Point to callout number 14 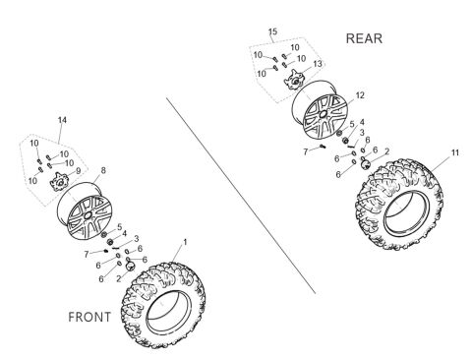pos(62,121)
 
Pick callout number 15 pos(272,32)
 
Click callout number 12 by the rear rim pos(360,95)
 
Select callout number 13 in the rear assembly pos(317,64)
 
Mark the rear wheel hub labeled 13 pos(295,78)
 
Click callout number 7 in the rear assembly pos(305,150)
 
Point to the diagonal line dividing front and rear pos(241,187)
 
